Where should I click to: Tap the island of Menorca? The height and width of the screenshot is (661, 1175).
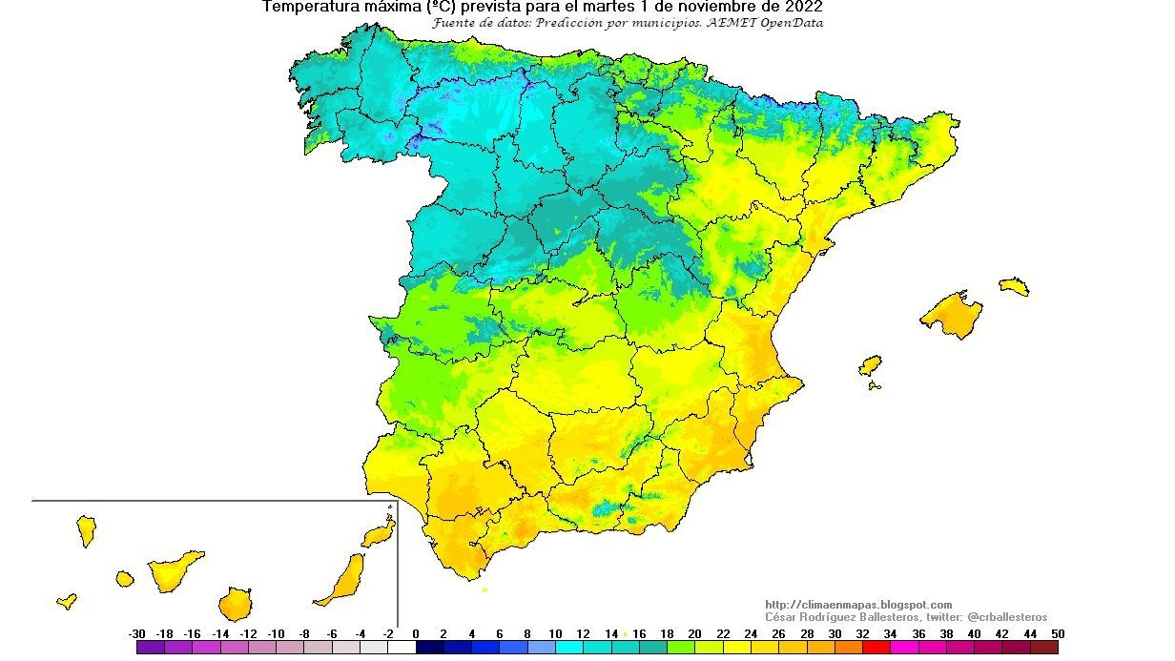point(1014,286)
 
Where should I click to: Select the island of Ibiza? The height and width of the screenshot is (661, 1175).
point(870,366)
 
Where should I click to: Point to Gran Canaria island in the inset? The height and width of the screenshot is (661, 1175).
point(234,603)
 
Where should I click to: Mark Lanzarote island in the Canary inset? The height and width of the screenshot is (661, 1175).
point(379,532)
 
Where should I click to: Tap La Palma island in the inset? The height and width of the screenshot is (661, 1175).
point(86,530)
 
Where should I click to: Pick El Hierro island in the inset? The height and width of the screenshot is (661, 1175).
point(67,601)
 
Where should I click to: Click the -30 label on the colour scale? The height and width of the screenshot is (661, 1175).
point(136,633)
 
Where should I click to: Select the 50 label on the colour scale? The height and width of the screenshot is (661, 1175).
point(1057,633)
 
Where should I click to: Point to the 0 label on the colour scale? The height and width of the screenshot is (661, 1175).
point(416,633)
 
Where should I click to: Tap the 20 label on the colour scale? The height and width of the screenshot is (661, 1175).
point(694,633)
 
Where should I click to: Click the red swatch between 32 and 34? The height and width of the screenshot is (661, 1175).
point(876,647)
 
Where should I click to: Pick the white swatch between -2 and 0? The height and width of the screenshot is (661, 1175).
point(402,647)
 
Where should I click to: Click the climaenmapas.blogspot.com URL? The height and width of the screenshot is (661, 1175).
point(858,605)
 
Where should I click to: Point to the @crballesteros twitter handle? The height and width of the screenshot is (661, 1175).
point(1007,617)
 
